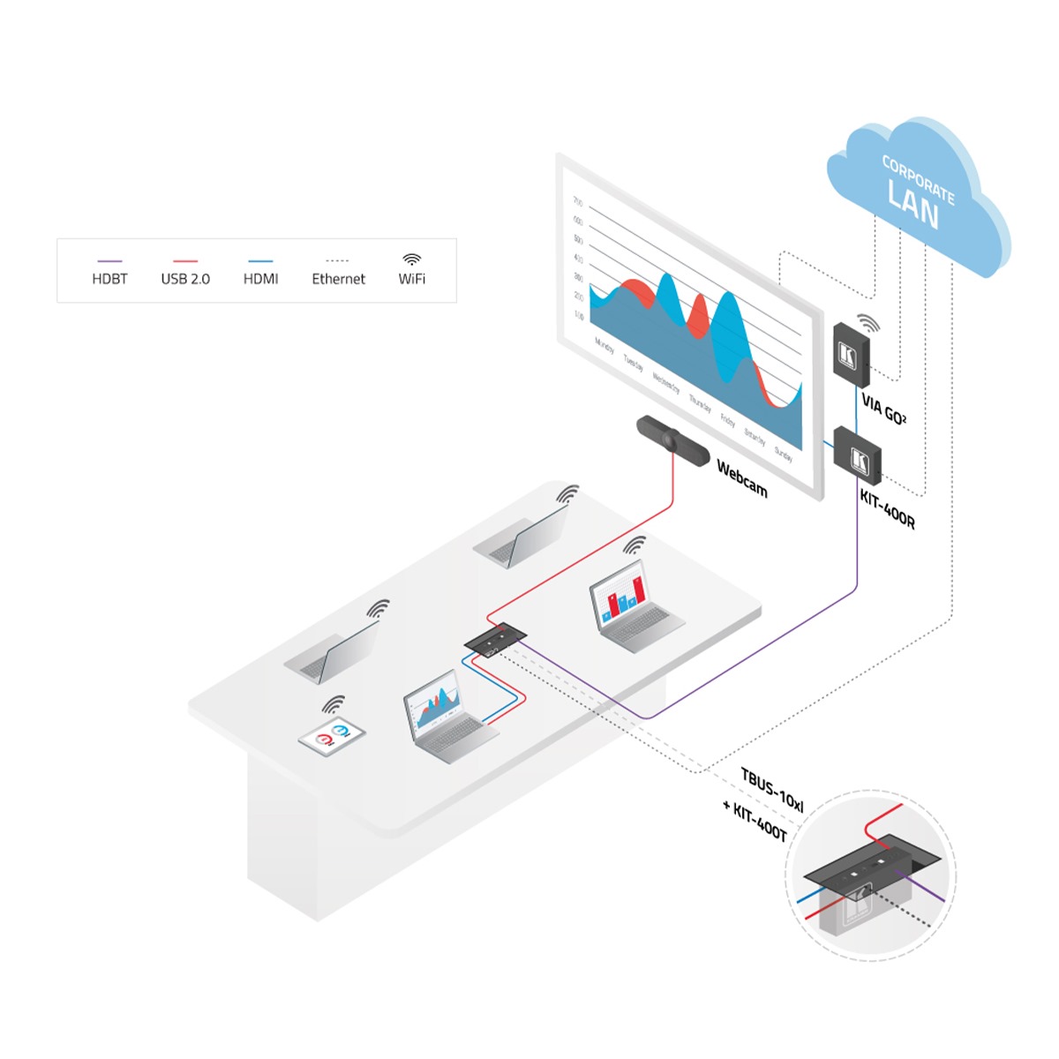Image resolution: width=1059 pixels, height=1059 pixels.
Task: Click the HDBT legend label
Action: click(109, 279)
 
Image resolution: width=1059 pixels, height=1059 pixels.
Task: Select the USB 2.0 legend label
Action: click(185, 279)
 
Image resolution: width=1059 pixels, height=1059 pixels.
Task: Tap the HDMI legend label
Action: click(260, 279)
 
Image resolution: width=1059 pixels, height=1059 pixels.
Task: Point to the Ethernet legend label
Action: click(338, 279)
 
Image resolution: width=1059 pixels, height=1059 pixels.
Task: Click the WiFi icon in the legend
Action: click(411, 259)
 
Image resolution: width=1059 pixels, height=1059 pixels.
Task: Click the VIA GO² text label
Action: click(883, 411)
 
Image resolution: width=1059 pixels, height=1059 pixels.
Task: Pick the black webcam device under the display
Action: click(671, 437)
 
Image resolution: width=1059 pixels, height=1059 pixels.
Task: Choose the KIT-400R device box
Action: click(857, 454)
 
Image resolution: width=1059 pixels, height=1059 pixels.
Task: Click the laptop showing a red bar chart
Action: click(632, 610)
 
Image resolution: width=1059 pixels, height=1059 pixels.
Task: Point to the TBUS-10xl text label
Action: click(772, 790)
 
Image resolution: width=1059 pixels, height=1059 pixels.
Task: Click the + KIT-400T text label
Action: click(755, 821)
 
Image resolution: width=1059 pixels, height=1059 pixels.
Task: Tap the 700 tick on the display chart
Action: click(578, 202)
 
